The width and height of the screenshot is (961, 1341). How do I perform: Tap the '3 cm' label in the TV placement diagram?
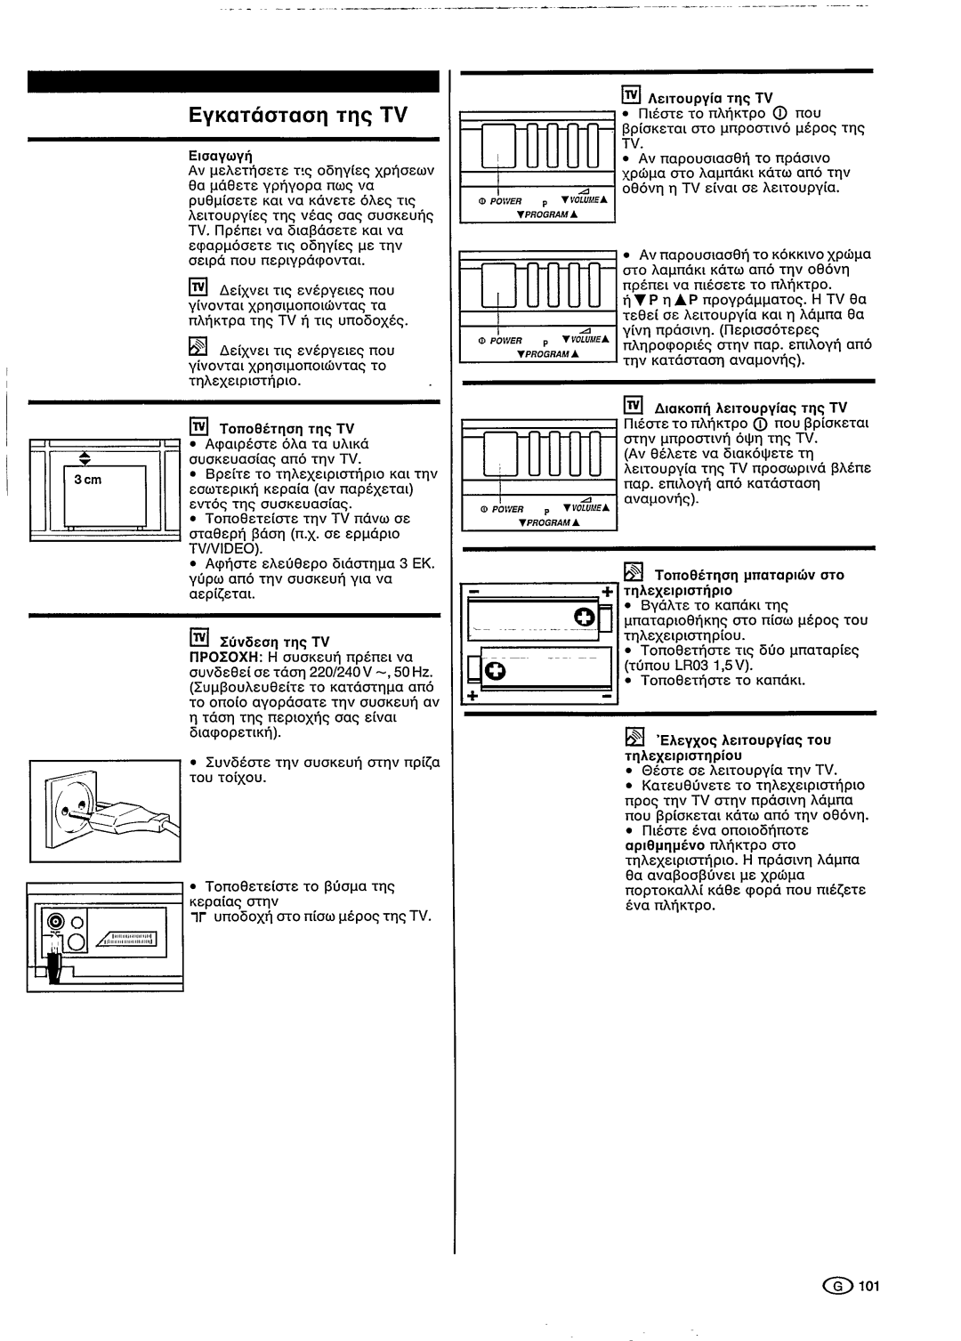coord(88,480)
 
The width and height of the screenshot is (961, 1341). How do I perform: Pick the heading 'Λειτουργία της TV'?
coord(708,98)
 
